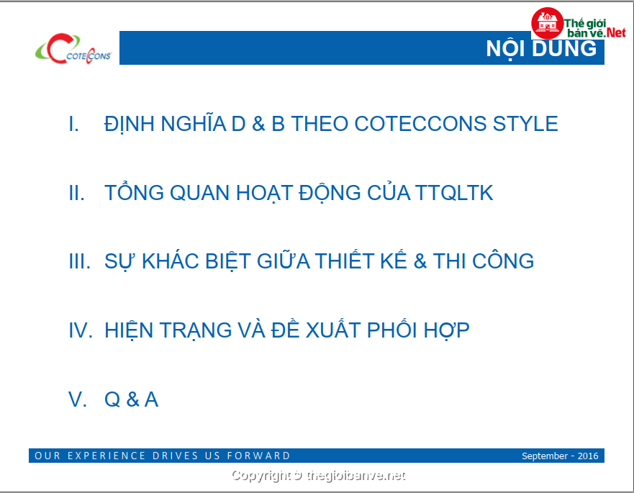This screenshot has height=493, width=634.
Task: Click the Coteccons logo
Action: pos(73,49)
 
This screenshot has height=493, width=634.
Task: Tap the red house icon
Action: pos(547,24)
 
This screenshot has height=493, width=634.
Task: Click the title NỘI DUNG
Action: pos(541,49)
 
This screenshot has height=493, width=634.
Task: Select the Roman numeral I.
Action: pos(73,124)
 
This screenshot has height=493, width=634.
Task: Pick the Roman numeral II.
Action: pos(77,193)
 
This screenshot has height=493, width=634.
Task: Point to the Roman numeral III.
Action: pos(80,261)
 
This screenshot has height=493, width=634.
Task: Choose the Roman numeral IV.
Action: pos(81,330)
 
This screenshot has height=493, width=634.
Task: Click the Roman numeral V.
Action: pos(78,399)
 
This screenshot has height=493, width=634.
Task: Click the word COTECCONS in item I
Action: pos(420,124)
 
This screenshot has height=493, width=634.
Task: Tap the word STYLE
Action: pos(525,124)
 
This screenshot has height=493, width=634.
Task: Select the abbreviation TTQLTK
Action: pos(453,193)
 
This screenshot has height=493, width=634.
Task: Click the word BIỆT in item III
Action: pos(228,262)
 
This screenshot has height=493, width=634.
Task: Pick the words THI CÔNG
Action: pos(484,261)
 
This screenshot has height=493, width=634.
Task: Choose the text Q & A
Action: pos(132,399)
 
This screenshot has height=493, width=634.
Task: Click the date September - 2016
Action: pos(560,456)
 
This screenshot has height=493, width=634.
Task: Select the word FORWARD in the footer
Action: pos(258,456)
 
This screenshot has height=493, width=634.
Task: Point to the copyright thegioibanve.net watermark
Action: pos(318,476)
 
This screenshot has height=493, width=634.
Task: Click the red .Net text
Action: pos(615,32)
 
